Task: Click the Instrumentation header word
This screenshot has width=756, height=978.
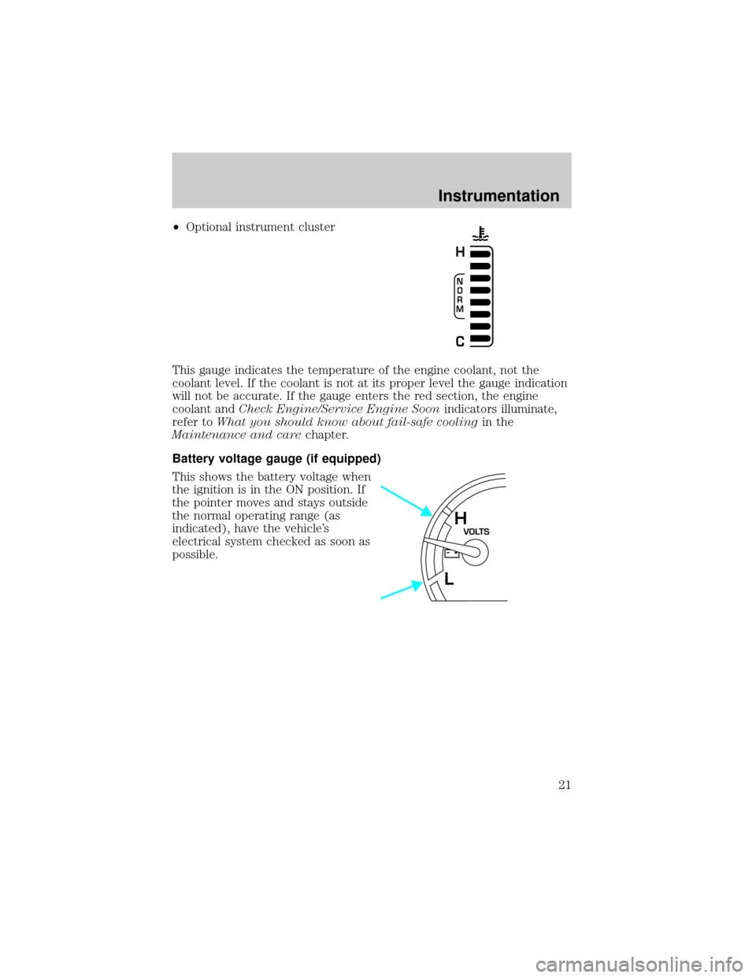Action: click(498, 195)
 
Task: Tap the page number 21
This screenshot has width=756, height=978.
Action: click(566, 798)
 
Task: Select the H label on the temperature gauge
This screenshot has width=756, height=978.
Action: click(460, 253)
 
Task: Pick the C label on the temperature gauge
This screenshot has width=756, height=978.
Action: click(460, 342)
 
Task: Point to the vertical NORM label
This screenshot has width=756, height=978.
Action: click(459, 295)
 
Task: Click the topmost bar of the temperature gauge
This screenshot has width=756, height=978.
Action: click(480, 254)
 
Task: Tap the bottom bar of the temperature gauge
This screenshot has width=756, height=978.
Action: click(480, 339)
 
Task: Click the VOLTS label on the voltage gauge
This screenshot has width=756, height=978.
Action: click(476, 531)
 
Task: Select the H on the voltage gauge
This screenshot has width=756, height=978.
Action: click(461, 518)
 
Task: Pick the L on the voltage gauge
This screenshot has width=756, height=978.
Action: click(449, 579)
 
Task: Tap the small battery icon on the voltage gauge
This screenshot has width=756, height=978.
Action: click(451, 553)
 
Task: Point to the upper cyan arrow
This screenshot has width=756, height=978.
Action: click(406, 500)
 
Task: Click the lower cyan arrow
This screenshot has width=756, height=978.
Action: click(401, 590)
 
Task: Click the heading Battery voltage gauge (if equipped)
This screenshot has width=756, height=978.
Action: click(276, 458)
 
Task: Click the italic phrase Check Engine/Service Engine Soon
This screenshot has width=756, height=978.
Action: click(339, 409)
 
